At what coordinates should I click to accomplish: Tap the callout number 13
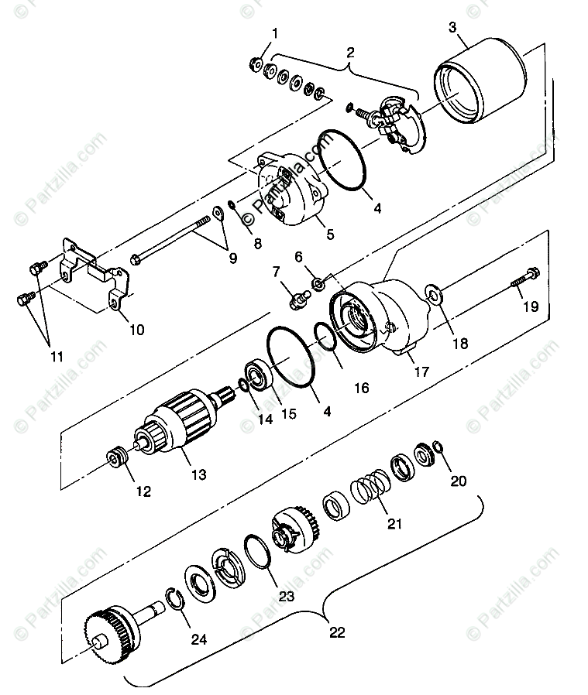point(199,474)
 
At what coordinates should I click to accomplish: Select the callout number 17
point(421,371)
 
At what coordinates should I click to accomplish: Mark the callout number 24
point(199,639)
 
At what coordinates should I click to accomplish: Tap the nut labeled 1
point(256,62)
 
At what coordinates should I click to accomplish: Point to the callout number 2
point(350,53)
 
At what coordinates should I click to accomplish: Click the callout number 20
point(459,481)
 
